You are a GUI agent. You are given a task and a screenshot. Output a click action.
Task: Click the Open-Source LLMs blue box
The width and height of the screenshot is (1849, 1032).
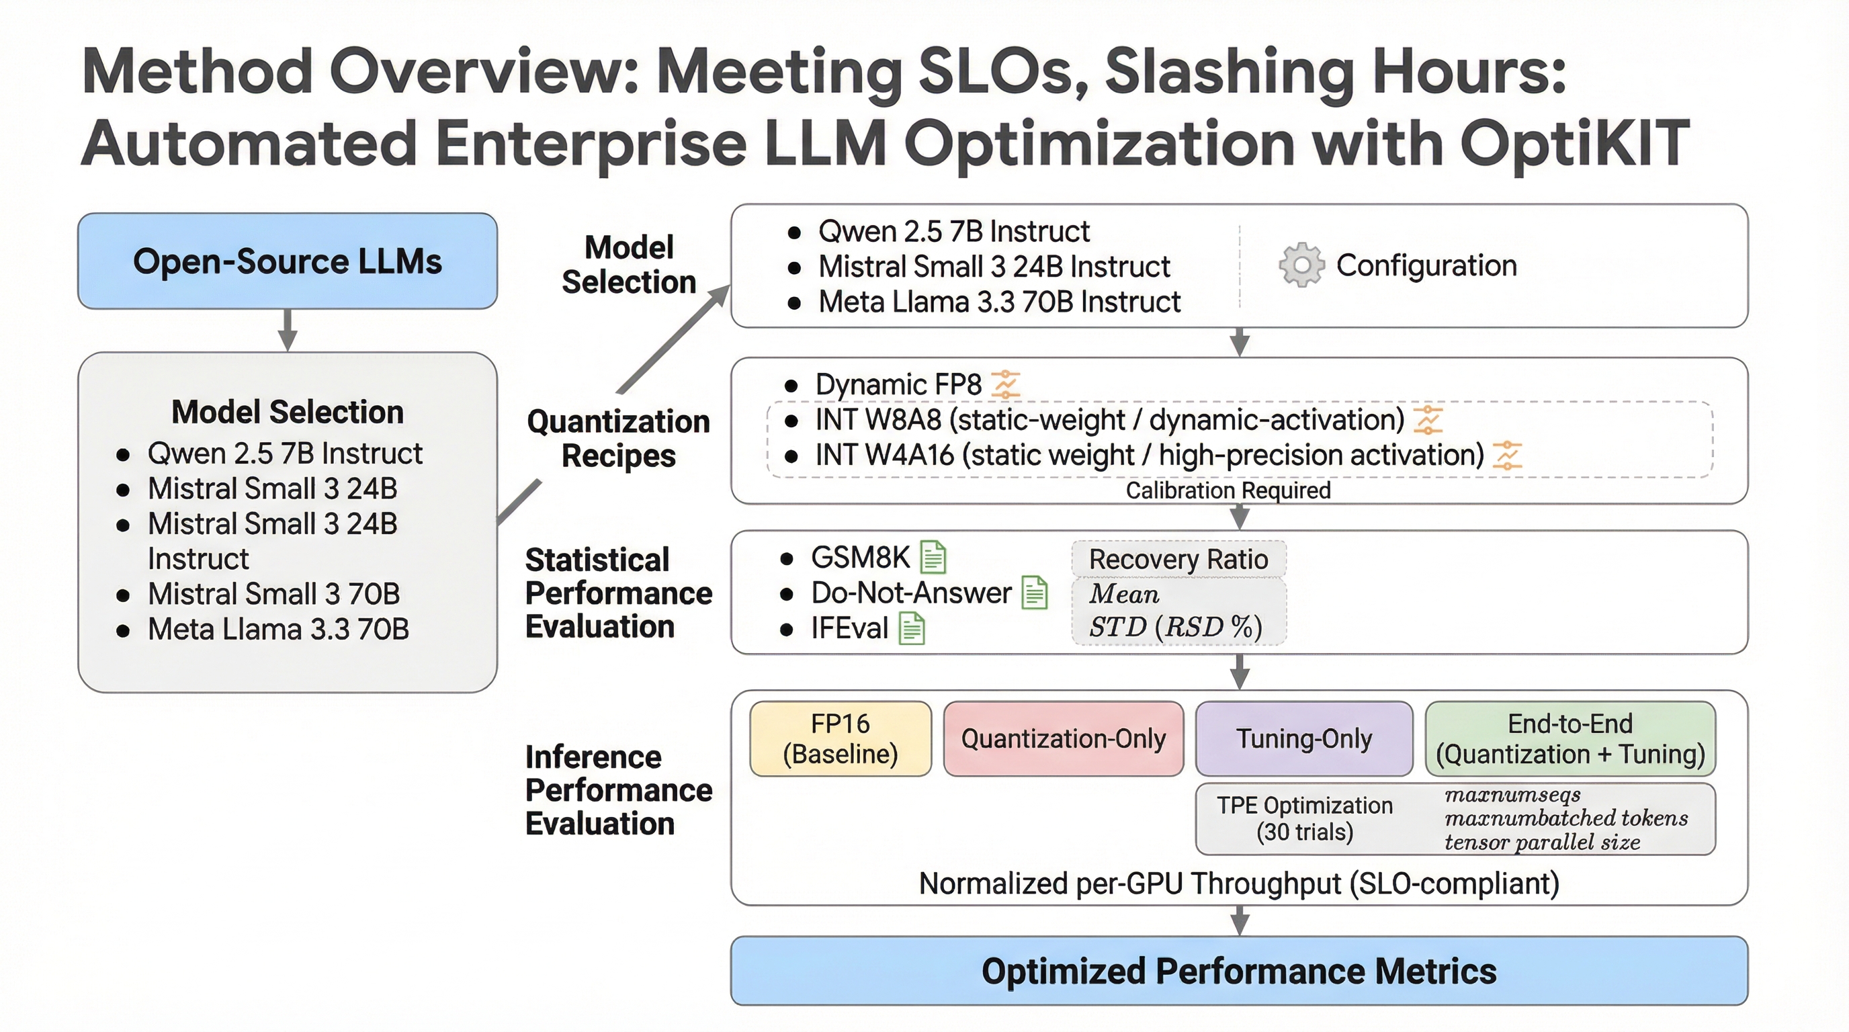[287, 261]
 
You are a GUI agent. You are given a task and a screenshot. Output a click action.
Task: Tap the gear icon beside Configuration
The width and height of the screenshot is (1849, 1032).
[1301, 265]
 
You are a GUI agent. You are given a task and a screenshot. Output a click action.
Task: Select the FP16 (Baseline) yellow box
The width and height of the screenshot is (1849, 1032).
[841, 738]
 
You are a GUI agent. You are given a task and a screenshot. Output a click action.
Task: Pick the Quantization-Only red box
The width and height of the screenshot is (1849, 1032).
[1063, 738]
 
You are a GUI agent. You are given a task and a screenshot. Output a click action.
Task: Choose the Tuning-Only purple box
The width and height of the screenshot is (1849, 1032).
[1303, 738]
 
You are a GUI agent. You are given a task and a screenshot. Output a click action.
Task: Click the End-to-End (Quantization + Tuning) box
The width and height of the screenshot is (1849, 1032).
[1569, 738]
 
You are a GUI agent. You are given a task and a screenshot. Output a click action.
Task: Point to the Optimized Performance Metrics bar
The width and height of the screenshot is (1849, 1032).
[1239, 971]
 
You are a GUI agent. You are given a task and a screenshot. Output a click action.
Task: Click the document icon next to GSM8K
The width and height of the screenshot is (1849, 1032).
[933, 557]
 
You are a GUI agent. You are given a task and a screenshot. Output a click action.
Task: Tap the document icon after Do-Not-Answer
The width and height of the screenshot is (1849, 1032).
[1034, 593]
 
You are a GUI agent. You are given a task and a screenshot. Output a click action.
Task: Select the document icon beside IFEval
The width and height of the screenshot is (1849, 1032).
[912, 629]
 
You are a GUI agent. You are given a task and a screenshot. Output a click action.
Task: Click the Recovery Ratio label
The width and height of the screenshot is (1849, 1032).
[1178, 559]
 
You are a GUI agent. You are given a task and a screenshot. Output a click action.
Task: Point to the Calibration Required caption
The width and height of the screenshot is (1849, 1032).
[1228, 491]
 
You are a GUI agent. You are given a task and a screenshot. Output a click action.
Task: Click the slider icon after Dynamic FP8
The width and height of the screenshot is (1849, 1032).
[1006, 385]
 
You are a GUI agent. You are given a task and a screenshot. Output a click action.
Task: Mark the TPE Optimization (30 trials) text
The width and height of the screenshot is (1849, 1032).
[1304, 819]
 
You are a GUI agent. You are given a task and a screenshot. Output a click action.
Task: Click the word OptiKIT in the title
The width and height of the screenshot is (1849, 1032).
[1574, 143]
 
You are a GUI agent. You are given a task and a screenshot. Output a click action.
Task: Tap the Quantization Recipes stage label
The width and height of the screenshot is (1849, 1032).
[618, 439]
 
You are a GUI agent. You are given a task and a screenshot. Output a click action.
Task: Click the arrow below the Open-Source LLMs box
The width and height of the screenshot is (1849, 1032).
[288, 330]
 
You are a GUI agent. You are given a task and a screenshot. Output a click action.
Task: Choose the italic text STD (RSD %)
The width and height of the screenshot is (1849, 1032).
[1175, 628]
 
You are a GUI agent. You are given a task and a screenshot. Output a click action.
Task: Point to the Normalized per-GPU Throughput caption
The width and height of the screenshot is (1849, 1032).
[1239, 884]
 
